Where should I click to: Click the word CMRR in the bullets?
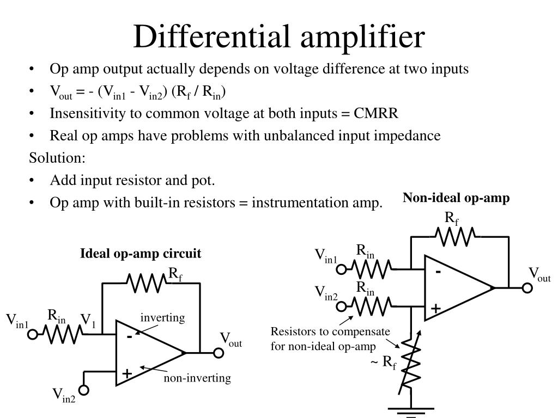tap(376, 113)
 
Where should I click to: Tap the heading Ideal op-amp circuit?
tap(141, 254)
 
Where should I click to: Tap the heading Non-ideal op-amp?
tap(456, 198)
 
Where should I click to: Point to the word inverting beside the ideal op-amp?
tap(163, 317)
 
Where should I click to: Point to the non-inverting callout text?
tap(198, 378)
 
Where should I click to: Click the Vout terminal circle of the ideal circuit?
tap(218, 353)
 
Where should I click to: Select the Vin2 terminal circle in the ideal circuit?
tap(84, 390)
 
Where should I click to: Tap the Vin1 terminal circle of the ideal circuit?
tap(33, 334)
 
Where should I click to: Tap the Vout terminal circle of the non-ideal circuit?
tap(527, 287)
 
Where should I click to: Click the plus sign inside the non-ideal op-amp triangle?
tap(436, 309)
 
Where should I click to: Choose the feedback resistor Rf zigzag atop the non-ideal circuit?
tap(456, 236)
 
